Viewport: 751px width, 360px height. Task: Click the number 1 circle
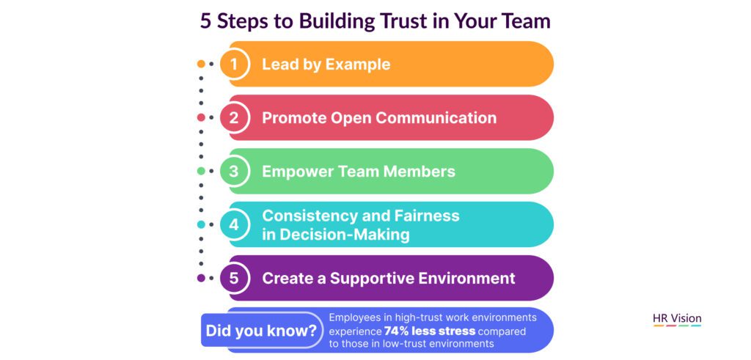(234, 64)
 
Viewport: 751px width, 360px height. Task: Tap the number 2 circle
(234, 118)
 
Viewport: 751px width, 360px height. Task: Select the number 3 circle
(234, 172)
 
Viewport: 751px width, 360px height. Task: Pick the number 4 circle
(234, 224)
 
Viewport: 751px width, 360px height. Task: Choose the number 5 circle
(234, 278)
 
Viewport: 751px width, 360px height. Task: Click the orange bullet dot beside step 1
(201, 64)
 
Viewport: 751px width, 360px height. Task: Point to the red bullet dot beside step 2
(201, 118)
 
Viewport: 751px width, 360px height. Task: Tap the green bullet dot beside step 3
(201, 172)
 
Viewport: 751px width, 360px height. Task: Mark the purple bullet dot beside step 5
(201, 278)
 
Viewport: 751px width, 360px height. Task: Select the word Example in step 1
(358, 65)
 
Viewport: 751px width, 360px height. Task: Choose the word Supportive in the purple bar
(371, 279)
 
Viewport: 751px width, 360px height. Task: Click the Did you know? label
(261, 331)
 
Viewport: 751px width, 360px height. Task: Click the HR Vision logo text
(677, 318)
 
